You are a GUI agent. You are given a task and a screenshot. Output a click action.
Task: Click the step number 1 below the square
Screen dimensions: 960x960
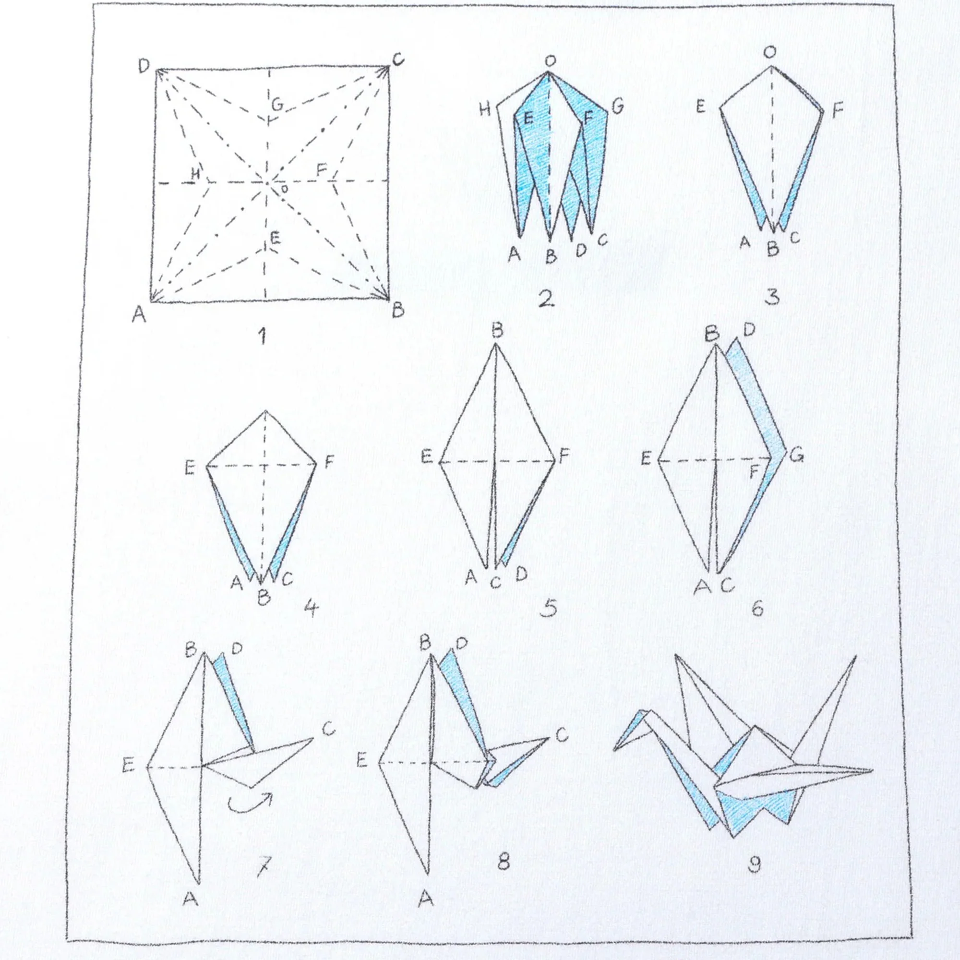pos(263,337)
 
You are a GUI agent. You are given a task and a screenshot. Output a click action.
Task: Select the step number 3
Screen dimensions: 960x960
pos(771,297)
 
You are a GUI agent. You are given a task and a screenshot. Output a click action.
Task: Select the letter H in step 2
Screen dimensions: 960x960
pos(485,109)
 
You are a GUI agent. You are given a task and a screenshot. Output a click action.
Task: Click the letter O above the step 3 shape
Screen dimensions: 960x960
pos(770,54)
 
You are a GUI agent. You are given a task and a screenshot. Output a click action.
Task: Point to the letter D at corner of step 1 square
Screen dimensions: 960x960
pos(144,65)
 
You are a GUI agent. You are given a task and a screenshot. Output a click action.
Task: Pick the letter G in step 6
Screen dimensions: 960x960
pos(796,455)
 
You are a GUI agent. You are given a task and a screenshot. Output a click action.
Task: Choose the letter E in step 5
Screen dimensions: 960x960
pos(427,456)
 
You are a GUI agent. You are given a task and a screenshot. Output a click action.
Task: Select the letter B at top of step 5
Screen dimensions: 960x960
pos(497,330)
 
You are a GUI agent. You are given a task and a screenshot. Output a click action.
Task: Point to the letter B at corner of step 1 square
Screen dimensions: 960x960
pos(398,311)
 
